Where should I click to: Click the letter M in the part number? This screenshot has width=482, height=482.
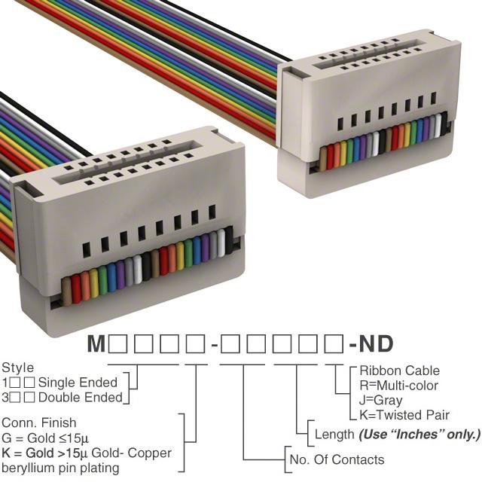click(x=96, y=343)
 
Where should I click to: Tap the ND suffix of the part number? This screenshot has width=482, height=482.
click(x=376, y=343)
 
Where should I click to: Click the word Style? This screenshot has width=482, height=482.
click(x=18, y=368)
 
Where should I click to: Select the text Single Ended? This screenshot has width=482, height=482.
click(x=78, y=383)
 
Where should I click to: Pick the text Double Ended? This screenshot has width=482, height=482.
click(x=81, y=398)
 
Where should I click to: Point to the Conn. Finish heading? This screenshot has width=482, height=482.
click(x=38, y=423)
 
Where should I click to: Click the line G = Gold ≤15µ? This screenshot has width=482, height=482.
click(x=45, y=438)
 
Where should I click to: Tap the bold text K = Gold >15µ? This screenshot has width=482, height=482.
click(x=45, y=453)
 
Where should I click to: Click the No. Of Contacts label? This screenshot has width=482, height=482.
click(x=337, y=460)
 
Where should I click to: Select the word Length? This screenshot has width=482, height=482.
click(x=334, y=435)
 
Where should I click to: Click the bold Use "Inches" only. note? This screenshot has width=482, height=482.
click(x=419, y=435)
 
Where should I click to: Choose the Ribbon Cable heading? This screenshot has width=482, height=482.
click(x=400, y=371)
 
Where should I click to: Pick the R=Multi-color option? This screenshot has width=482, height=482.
click(x=398, y=386)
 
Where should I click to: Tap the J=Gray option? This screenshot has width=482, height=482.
click(x=380, y=401)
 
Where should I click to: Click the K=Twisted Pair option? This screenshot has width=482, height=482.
click(x=404, y=415)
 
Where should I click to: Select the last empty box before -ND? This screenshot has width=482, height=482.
click(x=334, y=343)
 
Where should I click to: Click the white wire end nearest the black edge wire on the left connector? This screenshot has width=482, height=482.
click(x=221, y=243)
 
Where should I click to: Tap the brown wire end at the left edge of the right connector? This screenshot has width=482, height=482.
click(x=323, y=159)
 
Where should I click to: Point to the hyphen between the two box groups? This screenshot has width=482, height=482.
click(x=214, y=346)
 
